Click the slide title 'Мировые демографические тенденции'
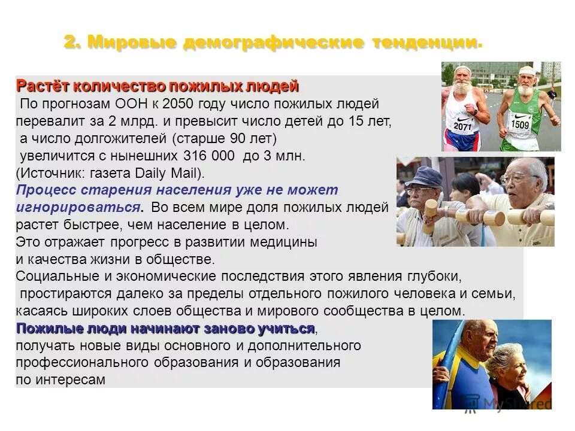(x=273, y=43)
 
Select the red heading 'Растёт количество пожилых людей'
(x=157, y=86)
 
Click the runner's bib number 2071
(x=462, y=126)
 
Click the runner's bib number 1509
(x=519, y=125)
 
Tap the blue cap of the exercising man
(x=423, y=177)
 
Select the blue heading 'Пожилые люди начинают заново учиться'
(x=165, y=329)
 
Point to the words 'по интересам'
(x=60, y=380)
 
